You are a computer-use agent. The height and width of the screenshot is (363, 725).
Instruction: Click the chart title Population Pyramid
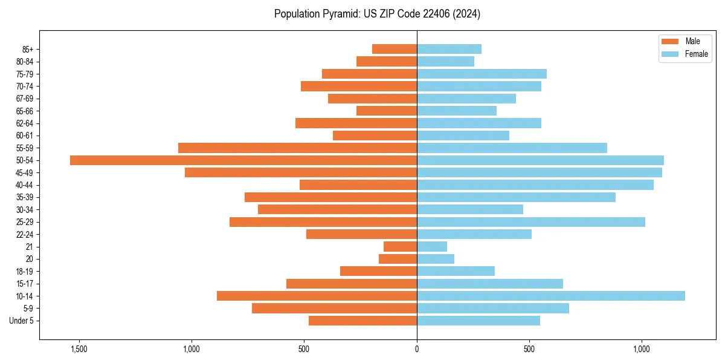pos(377,14)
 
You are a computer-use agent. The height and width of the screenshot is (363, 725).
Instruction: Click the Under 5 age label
pos(21,321)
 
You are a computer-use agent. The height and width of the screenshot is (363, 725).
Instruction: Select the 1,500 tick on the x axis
pos(79,349)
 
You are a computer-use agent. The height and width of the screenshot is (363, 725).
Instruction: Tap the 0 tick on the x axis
pos(417,349)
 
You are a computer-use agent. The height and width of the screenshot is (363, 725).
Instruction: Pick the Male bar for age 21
pos(401,247)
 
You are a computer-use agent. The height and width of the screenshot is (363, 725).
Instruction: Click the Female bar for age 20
pos(436,259)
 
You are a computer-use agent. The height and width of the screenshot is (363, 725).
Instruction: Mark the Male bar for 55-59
pos(298,148)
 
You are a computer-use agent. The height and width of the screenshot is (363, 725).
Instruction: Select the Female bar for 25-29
pos(531,222)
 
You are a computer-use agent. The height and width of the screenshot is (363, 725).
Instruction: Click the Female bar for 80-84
pos(445,62)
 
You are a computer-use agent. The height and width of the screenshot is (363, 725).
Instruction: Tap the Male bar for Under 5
pos(362,321)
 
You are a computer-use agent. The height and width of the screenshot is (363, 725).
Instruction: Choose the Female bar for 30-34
pos(470,210)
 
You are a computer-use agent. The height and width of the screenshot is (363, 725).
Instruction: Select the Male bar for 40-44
pos(358,185)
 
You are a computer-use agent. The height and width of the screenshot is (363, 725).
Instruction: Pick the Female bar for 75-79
pos(482,74)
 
